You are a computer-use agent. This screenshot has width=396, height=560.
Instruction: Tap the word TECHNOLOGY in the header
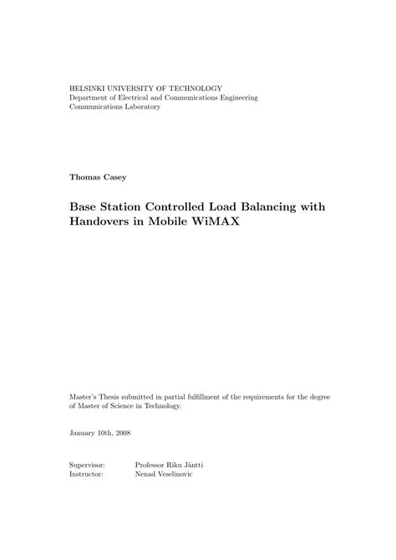(201, 88)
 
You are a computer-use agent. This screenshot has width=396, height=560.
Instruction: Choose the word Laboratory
(138, 108)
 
